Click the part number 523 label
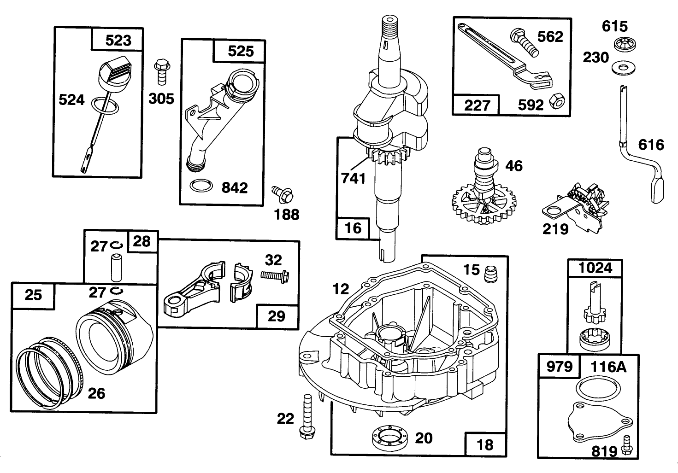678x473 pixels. click(118, 41)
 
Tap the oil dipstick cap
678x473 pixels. click(115, 75)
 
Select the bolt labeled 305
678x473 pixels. click(162, 72)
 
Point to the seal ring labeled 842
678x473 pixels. click(201, 186)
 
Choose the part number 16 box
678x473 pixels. click(353, 228)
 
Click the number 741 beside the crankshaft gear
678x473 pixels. click(353, 178)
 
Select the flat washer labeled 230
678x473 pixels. click(624, 68)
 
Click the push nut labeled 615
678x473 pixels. click(625, 44)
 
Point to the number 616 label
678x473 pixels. click(651, 145)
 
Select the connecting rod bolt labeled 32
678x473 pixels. click(275, 275)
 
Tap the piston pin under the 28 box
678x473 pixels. click(117, 268)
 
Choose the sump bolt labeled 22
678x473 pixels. click(307, 416)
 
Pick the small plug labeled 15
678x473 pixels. click(491, 274)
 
